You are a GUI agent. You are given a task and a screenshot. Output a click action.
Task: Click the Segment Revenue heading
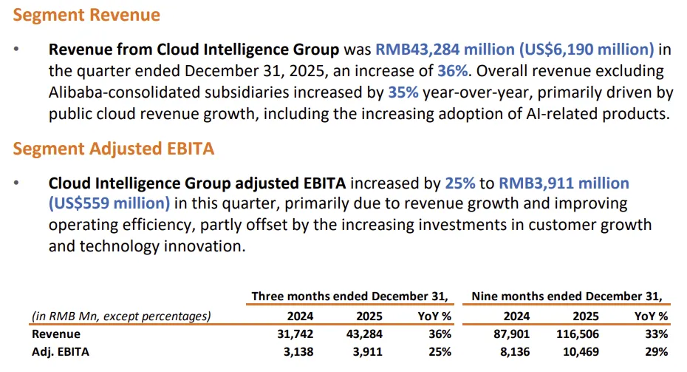[86, 15]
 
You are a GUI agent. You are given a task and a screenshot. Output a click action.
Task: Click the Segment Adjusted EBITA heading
[114, 149]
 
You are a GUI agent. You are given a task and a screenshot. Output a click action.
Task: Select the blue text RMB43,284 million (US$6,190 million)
[515, 50]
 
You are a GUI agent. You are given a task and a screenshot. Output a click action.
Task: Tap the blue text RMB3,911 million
[564, 183]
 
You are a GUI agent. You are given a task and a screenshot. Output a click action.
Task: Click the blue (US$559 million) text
[109, 203]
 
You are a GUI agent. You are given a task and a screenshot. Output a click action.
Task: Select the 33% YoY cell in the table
[656, 334]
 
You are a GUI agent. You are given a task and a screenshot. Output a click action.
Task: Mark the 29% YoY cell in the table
[656, 352]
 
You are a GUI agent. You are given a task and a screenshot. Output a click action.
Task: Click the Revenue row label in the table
[56, 334]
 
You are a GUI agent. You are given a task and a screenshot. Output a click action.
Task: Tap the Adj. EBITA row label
[60, 352]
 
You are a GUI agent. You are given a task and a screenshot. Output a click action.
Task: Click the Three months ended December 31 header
[349, 296]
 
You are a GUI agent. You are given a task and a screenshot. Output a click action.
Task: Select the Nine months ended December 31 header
[567, 296]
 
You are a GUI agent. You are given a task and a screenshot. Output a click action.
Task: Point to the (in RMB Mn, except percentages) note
[120, 316]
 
